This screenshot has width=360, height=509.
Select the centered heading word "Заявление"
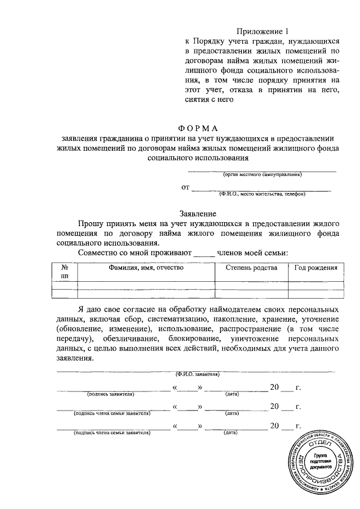click(x=198, y=214)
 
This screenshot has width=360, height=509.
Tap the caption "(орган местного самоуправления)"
click(x=262, y=174)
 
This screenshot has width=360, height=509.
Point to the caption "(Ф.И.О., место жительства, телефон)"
click(x=262, y=194)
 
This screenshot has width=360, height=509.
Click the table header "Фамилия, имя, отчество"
click(x=146, y=268)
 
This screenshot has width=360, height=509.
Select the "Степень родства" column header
click(x=251, y=268)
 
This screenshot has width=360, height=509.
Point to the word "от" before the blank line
click(x=185, y=187)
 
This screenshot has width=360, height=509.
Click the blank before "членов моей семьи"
click(x=204, y=254)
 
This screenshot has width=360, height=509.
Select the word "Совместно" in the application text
click(x=97, y=253)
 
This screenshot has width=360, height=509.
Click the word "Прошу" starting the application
click(x=90, y=223)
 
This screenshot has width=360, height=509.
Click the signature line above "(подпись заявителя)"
click(x=112, y=389)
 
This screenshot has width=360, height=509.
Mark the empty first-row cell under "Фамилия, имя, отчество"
click(x=146, y=284)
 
